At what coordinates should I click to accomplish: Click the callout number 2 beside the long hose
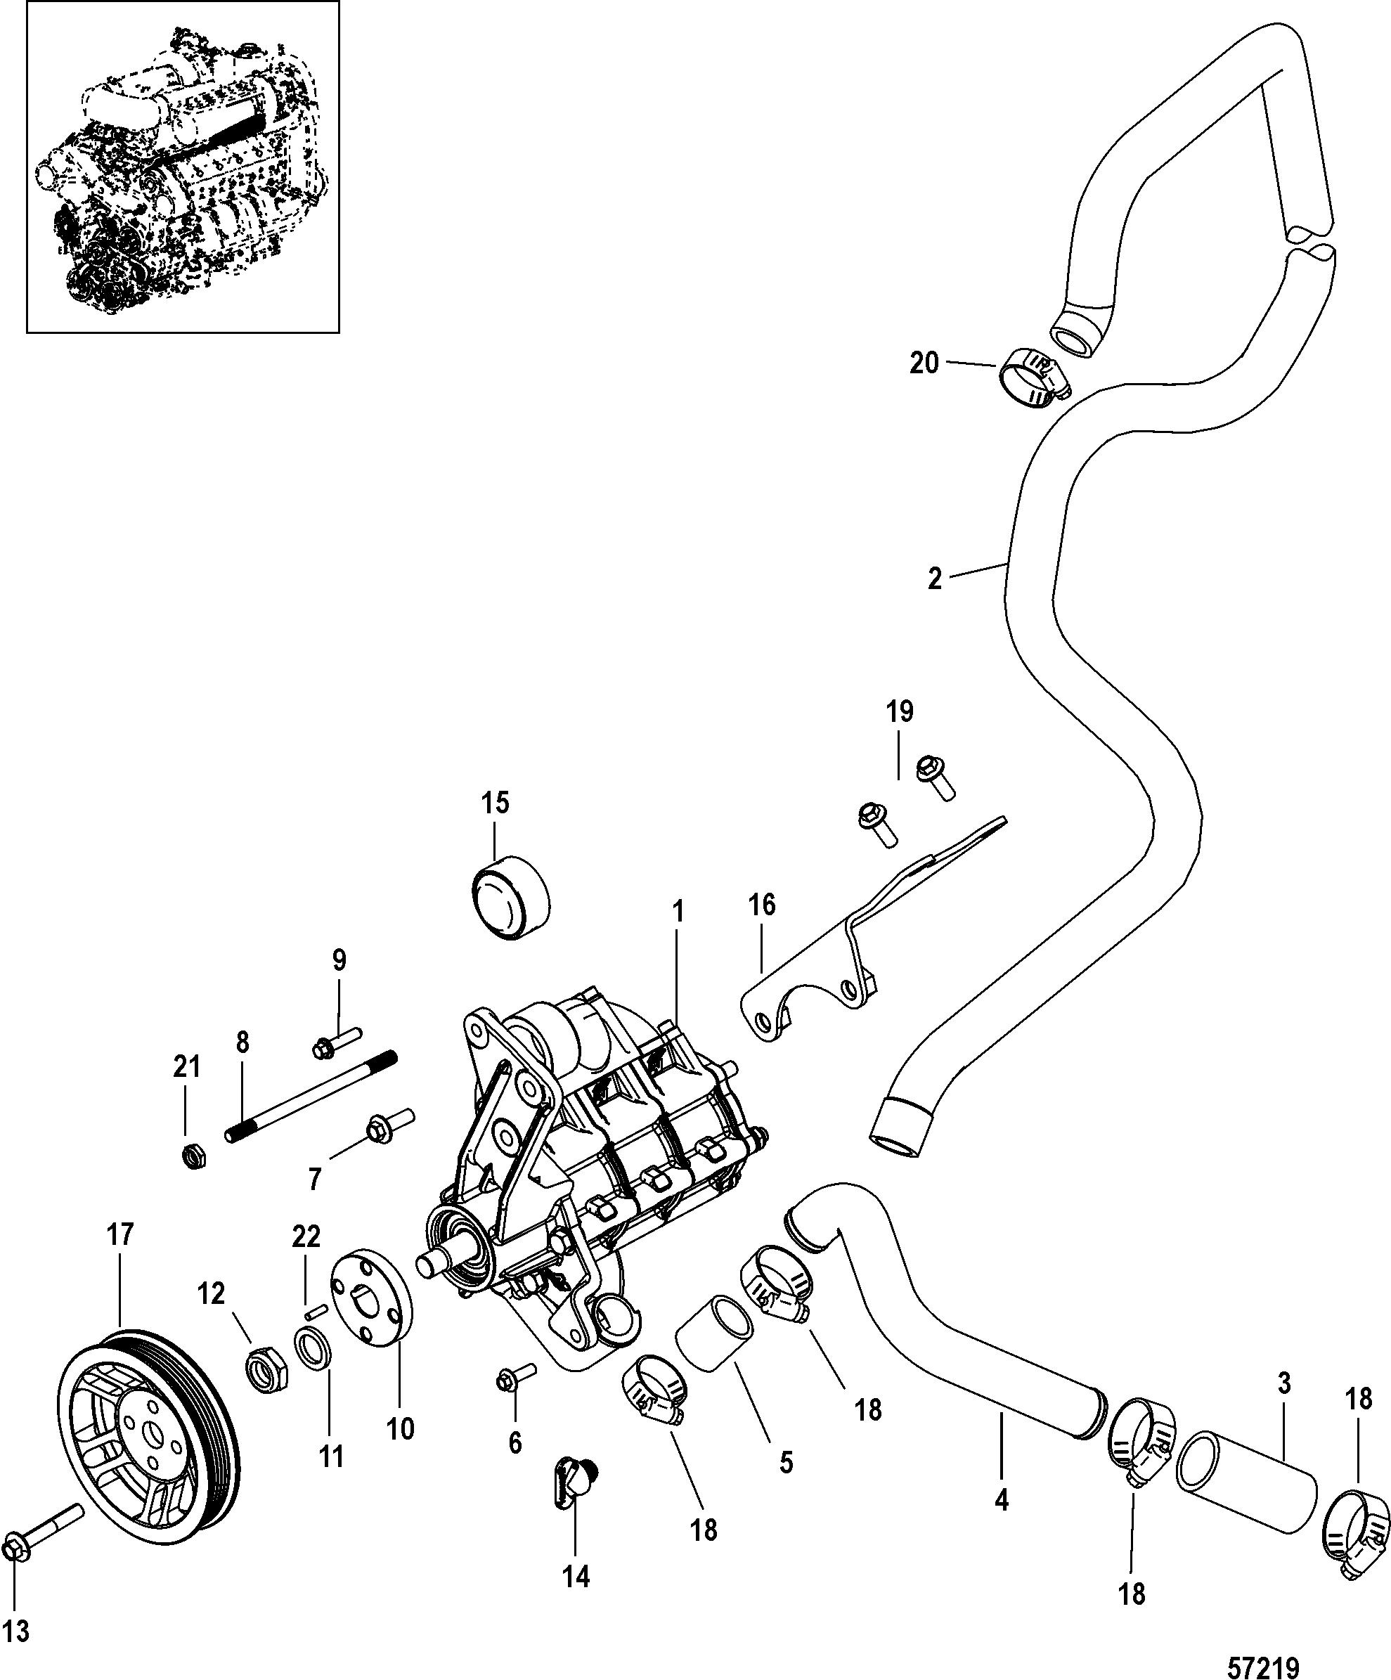pyautogui.click(x=935, y=579)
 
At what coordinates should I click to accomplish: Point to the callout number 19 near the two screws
pyautogui.click(x=900, y=711)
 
